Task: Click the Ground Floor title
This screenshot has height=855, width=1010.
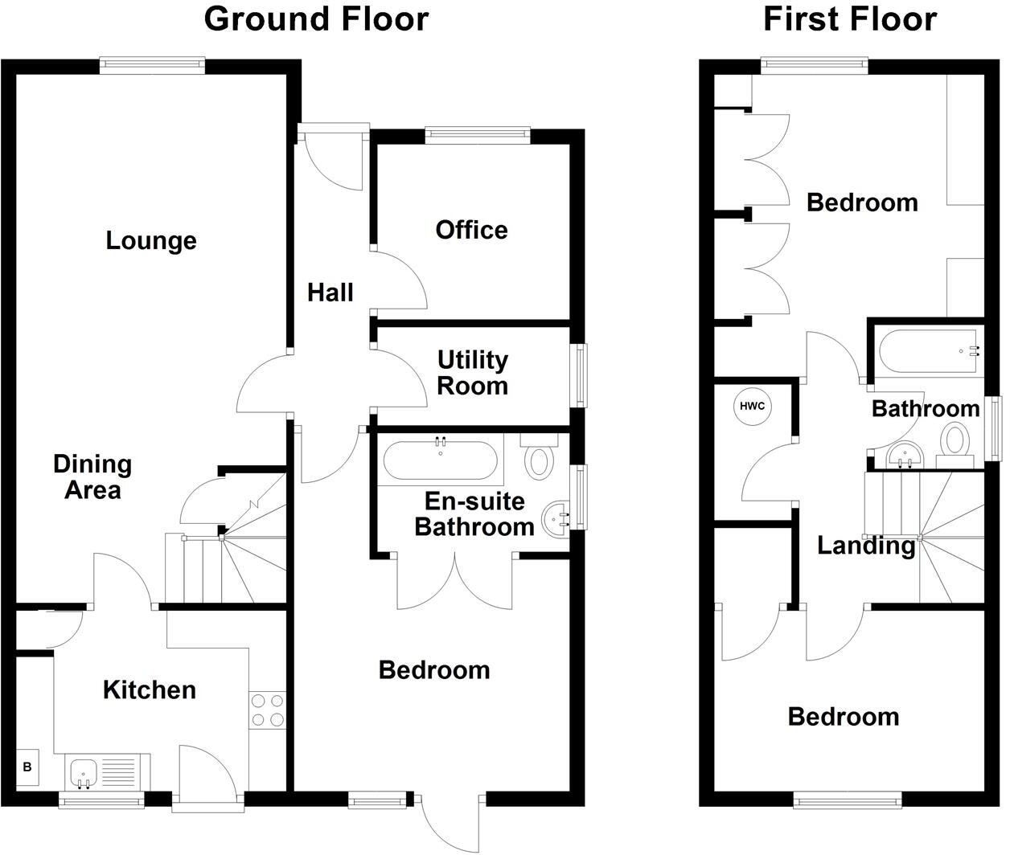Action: coord(316,18)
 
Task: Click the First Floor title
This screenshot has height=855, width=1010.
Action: coord(850,18)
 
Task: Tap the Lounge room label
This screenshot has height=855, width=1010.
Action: coord(151,240)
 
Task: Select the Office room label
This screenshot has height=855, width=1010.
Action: coord(471,230)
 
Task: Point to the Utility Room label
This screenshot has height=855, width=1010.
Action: coord(472,373)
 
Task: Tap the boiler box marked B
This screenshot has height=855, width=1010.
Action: coord(27,767)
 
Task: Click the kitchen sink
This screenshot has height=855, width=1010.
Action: coord(83,773)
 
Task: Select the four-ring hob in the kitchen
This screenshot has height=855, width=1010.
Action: coord(268,710)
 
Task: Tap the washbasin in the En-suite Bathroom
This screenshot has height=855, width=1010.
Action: coord(556,518)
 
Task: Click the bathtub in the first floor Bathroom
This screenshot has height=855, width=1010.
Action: coord(926,352)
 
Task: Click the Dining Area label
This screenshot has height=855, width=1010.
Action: coord(92,477)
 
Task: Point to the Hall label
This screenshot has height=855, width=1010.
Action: coord(331,292)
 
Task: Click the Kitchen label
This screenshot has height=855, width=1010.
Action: coord(150,689)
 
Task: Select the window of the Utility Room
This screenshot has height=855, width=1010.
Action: coord(579,374)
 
